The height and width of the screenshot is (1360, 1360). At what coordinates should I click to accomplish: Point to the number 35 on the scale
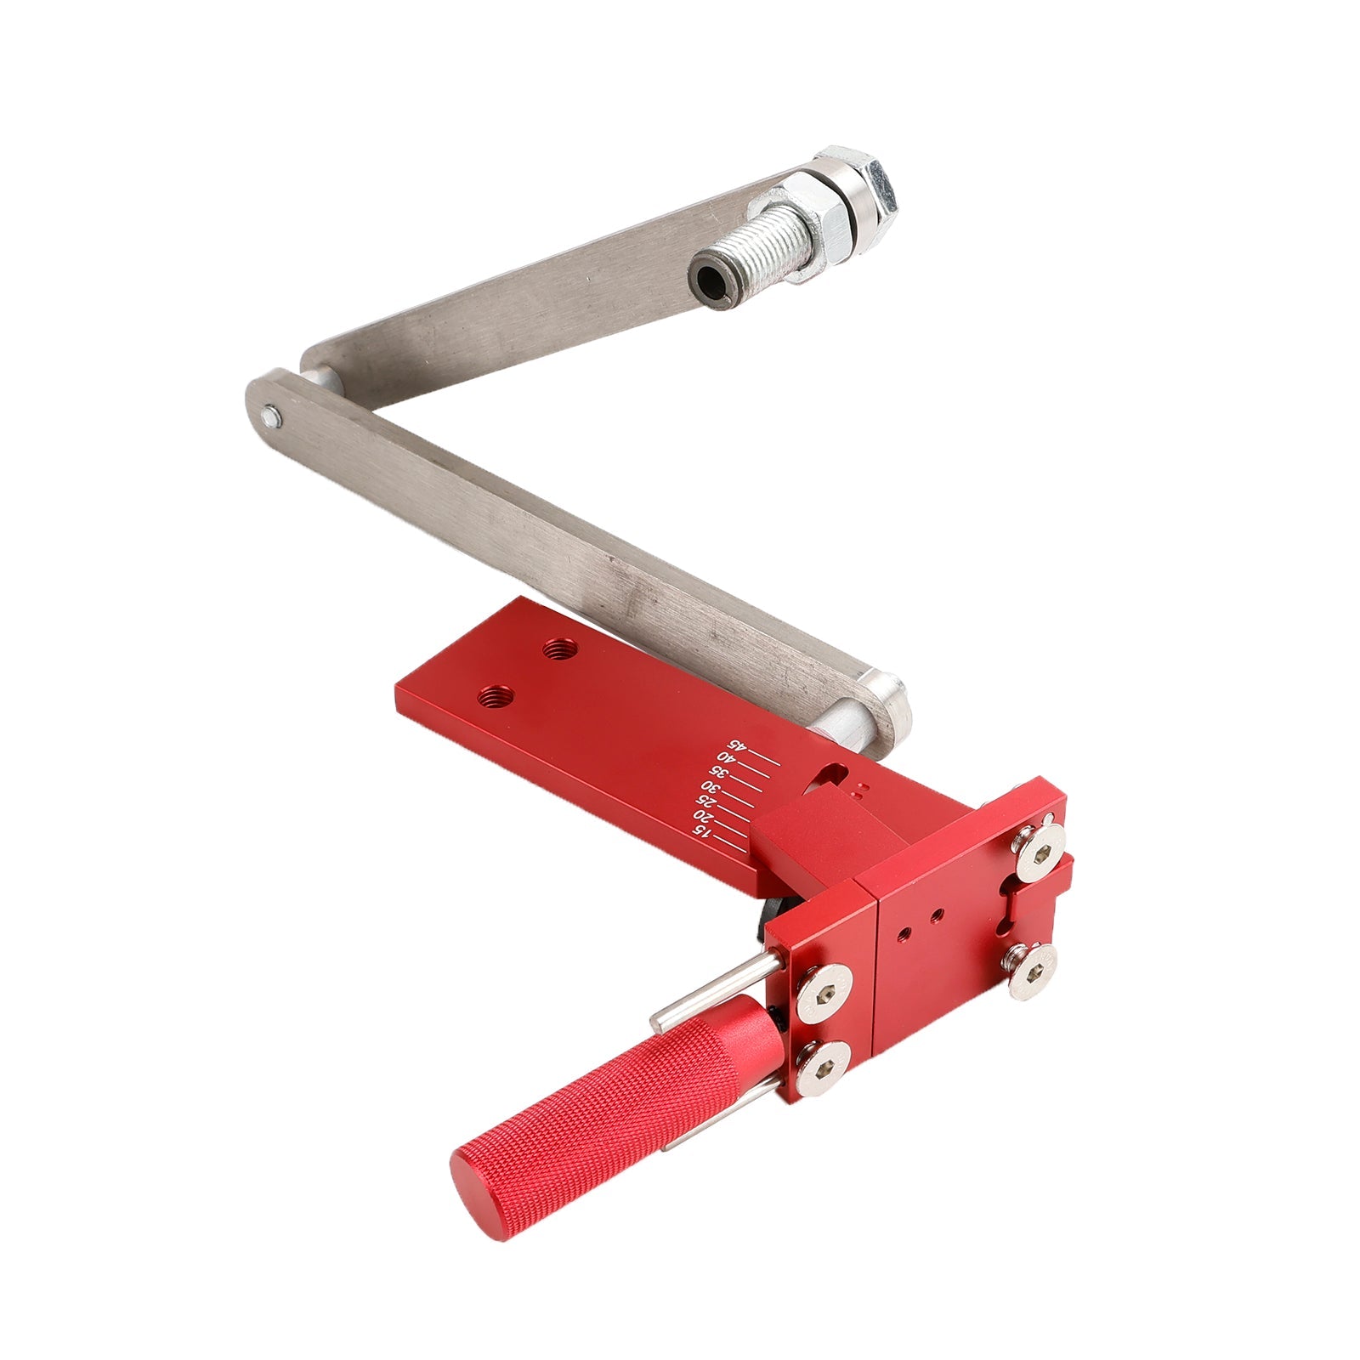pyautogui.click(x=719, y=773)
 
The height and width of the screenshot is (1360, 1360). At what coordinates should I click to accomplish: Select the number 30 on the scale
pyautogui.click(x=711, y=787)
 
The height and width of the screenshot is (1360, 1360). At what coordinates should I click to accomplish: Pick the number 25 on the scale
pyautogui.click(x=705, y=802)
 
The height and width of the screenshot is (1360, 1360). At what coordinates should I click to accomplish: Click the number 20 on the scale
pyautogui.click(x=701, y=816)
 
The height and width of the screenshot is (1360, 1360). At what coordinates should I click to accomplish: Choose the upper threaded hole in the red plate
pyautogui.click(x=558, y=649)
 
